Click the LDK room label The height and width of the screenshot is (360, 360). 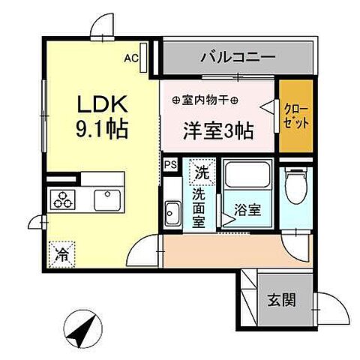click(x=103, y=103)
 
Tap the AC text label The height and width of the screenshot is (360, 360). click(x=131, y=58)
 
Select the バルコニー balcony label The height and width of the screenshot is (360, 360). click(x=238, y=57)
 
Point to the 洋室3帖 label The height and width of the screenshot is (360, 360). click(x=218, y=130)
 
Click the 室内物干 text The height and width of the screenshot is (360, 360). click(x=205, y=100)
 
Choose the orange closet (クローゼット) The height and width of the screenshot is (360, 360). click(x=296, y=116)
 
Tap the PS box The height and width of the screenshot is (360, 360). click(x=170, y=165)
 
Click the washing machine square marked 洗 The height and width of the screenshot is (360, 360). click(x=202, y=172)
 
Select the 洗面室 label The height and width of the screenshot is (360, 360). click(x=199, y=208)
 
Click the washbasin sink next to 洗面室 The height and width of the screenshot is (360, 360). click(x=172, y=213)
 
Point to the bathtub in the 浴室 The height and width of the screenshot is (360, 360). click(x=247, y=175)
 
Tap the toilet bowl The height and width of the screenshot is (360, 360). click(x=296, y=186)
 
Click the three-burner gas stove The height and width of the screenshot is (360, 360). click(x=62, y=199)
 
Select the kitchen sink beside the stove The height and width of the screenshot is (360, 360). click(x=107, y=200)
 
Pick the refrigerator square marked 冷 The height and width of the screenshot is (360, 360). click(x=61, y=254)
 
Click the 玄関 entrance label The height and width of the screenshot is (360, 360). click(x=282, y=300)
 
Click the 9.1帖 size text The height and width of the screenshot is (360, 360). click(x=102, y=129)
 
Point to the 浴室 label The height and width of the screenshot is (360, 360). click(x=247, y=210)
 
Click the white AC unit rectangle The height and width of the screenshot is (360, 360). click(x=143, y=58)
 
